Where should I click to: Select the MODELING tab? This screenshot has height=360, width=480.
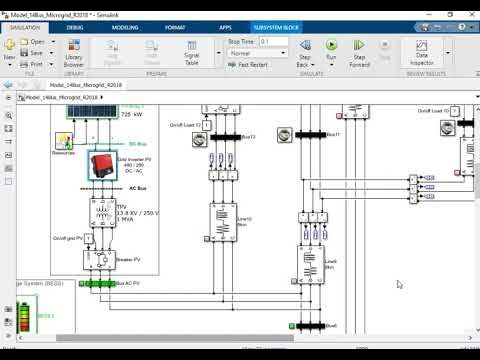click(x=124, y=28)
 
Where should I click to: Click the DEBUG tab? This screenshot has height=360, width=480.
click(x=75, y=28)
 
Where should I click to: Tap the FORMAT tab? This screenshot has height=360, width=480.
click(x=175, y=28)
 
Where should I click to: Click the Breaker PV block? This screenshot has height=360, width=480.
click(x=100, y=262)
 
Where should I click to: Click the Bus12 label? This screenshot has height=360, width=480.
click(x=249, y=136)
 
